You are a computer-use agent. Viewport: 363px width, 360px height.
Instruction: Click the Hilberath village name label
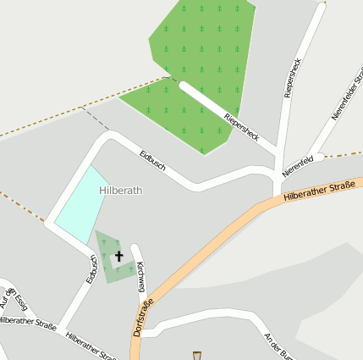click(120, 191)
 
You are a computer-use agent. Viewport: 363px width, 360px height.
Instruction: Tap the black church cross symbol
click(118, 255)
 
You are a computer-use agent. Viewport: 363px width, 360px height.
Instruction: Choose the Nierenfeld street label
click(298, 164)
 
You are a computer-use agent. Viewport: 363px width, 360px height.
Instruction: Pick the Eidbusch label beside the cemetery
click(91, 268)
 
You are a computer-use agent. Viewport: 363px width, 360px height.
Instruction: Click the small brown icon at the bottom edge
click(197, 356)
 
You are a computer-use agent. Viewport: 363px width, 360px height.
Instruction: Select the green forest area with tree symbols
click(203, 51)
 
